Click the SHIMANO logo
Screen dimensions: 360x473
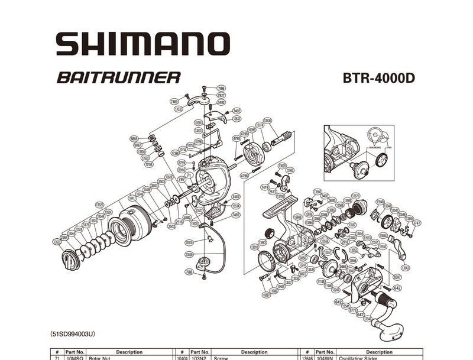142,44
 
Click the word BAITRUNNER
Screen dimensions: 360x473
119,77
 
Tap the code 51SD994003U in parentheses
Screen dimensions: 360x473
73,334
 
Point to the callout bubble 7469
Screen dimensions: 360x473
174,102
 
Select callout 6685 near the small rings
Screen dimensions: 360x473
135,138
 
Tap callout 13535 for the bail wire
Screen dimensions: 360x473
189,254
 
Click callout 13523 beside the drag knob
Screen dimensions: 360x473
57,241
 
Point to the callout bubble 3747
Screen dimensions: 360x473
417,223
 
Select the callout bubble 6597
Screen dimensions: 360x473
397,277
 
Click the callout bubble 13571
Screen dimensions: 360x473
355,196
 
